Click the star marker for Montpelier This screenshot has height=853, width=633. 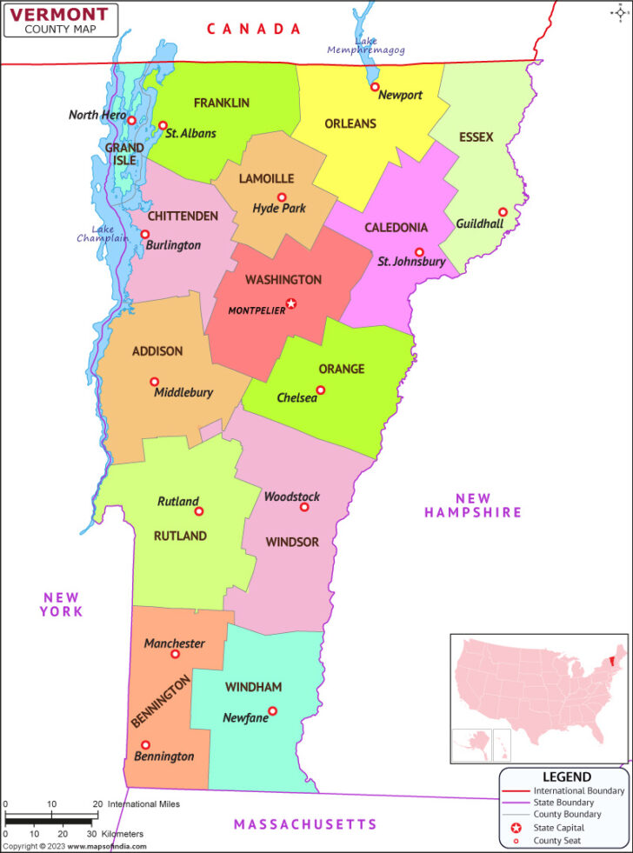point(291,303)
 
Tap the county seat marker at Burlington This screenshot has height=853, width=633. point(145,234)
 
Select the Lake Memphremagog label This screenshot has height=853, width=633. point(366,46)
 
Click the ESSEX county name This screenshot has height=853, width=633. point(476,137)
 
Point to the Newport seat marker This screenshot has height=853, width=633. point(375,87)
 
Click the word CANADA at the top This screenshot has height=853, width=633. point(254,29)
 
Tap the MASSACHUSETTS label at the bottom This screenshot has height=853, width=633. point(305,824)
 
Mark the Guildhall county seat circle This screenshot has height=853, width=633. point(502,212)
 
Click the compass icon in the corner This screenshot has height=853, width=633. point(619,12)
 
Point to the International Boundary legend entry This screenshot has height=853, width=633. point(578,790)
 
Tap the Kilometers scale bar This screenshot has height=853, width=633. point(50,822)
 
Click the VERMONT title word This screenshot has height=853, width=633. point(60,13)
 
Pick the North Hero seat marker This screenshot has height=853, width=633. point(131,121)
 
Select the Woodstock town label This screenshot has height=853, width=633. point(292,496)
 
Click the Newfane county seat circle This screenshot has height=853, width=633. point(272,711)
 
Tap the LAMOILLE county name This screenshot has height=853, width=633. point(266,178)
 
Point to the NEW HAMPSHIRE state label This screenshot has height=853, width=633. point(473,505)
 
